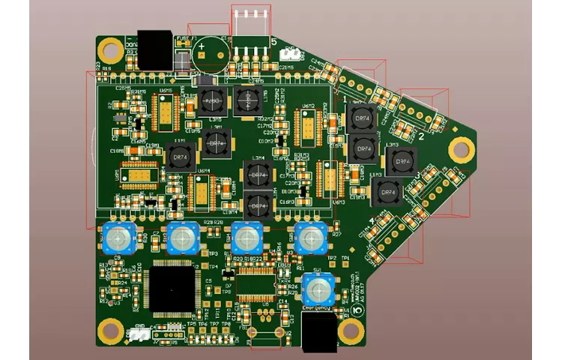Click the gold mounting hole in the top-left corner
point(111,51)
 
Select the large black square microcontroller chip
point(172,288)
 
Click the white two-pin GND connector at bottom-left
point(139,335)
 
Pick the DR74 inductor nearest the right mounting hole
point(399,160)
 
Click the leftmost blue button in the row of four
point(119,238)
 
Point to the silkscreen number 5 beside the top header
point(274,43)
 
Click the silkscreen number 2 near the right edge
point(421,137)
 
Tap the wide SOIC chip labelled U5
point(259,288)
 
